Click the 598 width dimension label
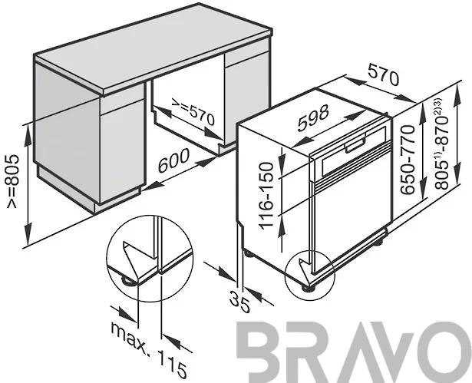(312, 118)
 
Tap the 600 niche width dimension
(173, 160)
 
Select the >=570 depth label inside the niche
(193, 112)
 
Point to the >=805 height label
(13, 181)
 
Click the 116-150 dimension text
(266, 196)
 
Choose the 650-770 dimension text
(408, 160)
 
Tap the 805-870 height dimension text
(442, 150)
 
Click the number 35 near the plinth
(239, 302)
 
